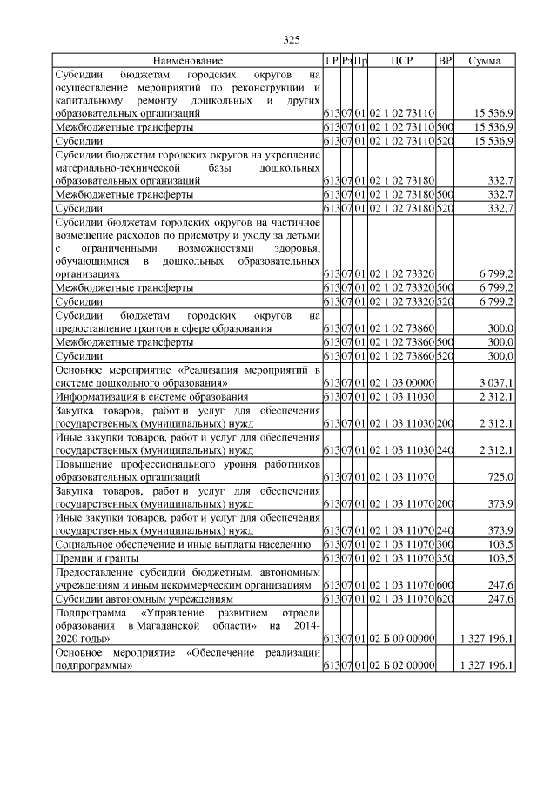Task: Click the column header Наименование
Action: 187,61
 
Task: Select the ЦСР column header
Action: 401,61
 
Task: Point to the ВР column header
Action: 444,61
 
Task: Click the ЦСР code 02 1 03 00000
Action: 401,382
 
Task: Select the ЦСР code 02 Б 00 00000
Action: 401,639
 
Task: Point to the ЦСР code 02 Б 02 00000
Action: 401,666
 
